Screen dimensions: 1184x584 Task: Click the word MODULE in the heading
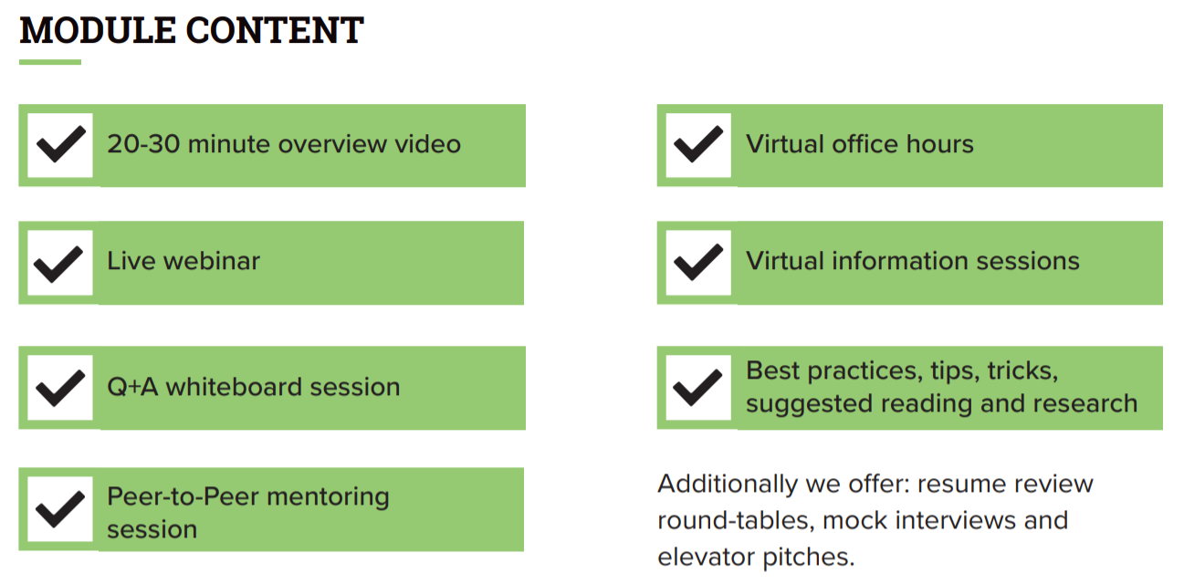98,30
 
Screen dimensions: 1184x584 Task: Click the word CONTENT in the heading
275,30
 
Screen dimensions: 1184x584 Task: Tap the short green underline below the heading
49,62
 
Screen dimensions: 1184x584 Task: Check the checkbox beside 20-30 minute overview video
60,145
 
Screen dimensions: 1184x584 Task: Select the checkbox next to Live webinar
60,263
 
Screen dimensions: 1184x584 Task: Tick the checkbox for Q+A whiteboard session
60,388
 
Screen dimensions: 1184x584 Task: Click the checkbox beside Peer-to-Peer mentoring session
60,509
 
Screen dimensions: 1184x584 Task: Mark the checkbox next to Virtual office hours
698,145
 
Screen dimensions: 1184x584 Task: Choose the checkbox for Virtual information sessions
698,263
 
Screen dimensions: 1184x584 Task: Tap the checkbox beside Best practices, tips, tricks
698,388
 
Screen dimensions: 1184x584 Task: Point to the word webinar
212,261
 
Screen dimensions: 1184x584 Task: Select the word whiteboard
235,386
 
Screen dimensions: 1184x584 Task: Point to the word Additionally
728,485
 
